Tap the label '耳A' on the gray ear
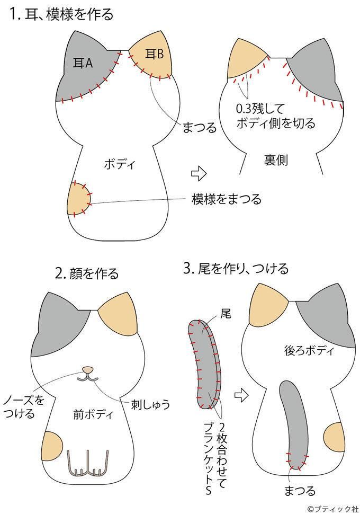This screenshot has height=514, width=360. (82, 64)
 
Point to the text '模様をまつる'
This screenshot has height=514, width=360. (226, 199)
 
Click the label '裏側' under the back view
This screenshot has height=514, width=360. (275, 161)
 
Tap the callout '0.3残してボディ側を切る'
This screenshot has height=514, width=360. (275, 117)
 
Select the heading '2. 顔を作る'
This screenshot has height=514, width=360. (87, 273)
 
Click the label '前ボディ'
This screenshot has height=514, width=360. (93, 415)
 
